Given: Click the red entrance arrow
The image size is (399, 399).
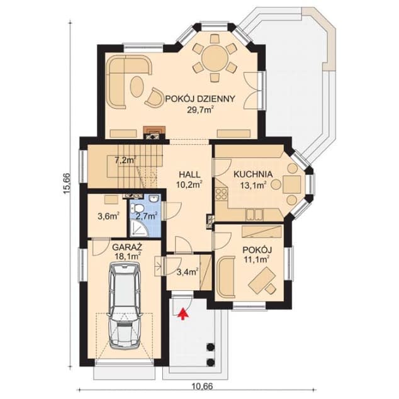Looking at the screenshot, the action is tap(184, 313).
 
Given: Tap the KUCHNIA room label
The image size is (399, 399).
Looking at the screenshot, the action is tap(253, 174).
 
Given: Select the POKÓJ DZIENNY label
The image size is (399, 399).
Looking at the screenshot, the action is tap(200, 98).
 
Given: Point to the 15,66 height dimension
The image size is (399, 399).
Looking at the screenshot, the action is tap(67, 184).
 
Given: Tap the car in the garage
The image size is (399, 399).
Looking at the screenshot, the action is tap(125, 306).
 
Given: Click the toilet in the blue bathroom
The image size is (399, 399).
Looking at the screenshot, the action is tap(137, 208).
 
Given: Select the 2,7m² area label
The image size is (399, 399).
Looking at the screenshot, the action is tap(146, 216).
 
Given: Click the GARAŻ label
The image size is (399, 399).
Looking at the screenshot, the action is tap(127, 247).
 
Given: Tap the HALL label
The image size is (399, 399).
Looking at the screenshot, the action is tap(189, 174).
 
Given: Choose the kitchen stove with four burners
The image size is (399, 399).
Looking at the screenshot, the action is tap(222, 194).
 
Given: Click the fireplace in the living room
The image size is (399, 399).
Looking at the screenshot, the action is tap(154, 133).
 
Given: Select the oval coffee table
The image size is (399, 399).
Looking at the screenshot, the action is tap(137, 87).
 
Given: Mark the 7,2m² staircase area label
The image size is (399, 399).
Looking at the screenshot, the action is tap(125, 160).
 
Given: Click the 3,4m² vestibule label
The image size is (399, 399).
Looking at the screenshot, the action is tap(188, 272).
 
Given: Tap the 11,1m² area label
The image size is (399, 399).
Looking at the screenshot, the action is tap(257, 259).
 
